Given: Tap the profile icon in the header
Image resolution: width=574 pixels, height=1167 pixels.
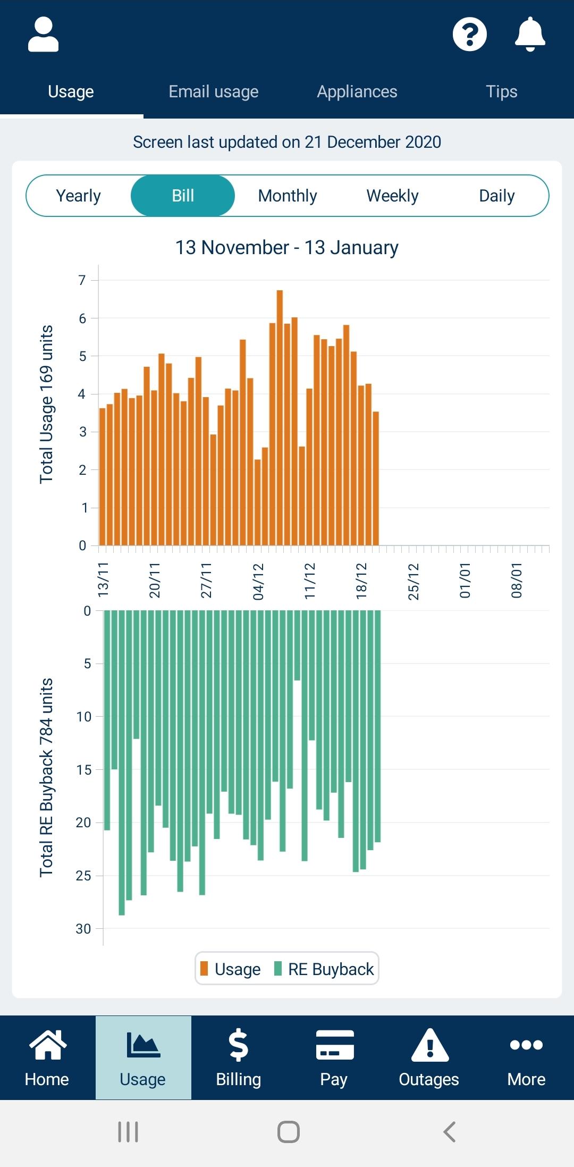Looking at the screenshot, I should [x=43, y=35].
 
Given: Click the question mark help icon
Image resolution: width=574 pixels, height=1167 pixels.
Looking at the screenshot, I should [x=469, y=35].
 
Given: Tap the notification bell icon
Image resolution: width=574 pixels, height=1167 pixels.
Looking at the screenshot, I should [x=530, y=35].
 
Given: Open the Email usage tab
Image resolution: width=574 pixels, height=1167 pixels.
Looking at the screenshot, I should [x=213, y=92].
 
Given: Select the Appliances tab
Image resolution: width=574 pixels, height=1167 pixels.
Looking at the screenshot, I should [x=357, y=92].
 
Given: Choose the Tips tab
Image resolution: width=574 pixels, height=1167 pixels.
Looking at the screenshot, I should [x=501, y=92].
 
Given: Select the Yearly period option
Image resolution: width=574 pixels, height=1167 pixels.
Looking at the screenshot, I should [x=79, y=196].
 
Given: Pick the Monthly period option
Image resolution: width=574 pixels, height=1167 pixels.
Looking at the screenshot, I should [x=288, y=196].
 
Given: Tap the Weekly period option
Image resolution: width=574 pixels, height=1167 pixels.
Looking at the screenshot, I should [x=392, y=196].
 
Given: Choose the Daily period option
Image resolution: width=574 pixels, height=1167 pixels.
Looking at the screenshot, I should [x=496, y=196].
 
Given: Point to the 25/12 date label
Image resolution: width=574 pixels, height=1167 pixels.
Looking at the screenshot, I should [x=413, y=582].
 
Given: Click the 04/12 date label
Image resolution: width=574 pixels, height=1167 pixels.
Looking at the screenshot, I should [x=258, y=582].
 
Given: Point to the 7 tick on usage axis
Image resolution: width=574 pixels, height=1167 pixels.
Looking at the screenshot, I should [x=82, y=280].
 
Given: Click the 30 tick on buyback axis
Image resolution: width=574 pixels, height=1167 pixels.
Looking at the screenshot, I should [x=83, y=929].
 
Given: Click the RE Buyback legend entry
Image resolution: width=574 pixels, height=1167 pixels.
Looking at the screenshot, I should [x=324, y=969].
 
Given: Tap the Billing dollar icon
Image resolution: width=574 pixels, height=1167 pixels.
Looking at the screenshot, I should [x=238, y=1045].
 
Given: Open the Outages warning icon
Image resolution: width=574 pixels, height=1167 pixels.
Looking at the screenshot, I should [x=429, y=1045].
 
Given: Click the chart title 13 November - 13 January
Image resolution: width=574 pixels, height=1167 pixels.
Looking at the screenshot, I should [x=287, y=248].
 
